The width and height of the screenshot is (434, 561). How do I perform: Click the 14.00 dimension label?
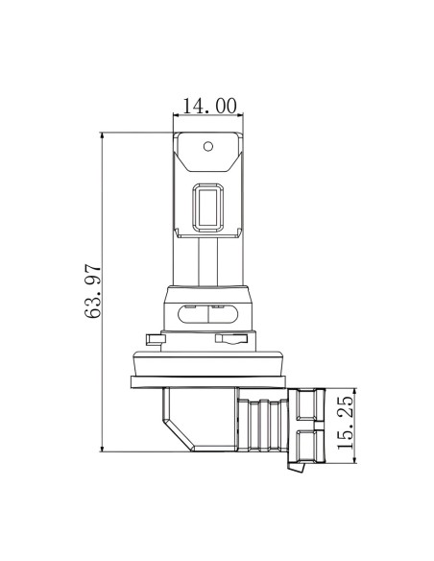click(210, 106)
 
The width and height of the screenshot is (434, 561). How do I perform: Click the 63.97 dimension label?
click(93, 291)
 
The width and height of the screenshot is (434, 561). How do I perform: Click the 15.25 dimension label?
click(345, 422)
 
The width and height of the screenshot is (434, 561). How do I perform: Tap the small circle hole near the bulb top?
click(208, 146)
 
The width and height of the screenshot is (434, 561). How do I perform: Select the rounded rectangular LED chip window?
click(208, 207)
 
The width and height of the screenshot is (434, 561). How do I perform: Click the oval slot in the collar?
click(208, 314)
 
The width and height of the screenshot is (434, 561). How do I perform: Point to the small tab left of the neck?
click(154, 339)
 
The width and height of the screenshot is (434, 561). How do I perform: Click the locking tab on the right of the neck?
click(231, 339)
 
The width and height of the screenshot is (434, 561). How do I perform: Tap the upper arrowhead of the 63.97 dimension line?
click(103, 135)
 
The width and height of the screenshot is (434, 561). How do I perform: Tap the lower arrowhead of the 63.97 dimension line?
click(103, 449)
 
